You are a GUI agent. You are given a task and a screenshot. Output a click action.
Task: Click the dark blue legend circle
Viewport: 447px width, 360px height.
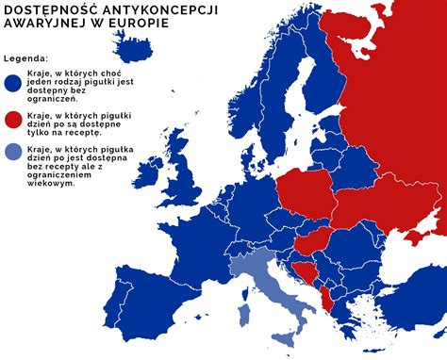click(13, 83)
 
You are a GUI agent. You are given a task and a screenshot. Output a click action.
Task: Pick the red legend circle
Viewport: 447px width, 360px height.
click(13, 120)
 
